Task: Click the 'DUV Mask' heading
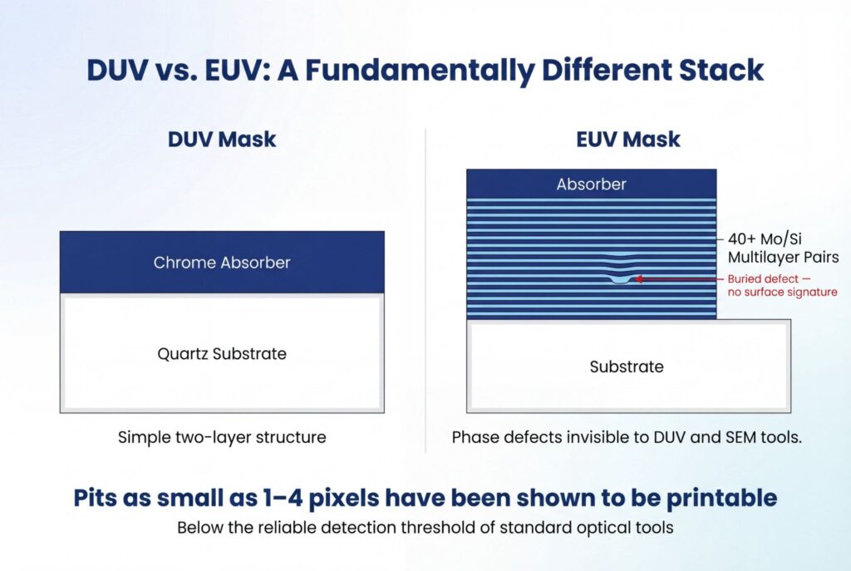(x=221, y=140)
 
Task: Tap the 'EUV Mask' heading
(x=628, y=140)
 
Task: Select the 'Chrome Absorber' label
(x=222, y=263)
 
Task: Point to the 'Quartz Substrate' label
(x=222, y=354)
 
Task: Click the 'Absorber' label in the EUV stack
(x=591, y=185)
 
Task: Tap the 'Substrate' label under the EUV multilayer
(x=627, y=367)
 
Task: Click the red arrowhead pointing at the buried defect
(x=639, y=279)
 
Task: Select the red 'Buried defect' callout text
(x=783, y=286)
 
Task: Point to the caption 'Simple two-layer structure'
(x=222, y=437)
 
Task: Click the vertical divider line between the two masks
(x=425, y=290)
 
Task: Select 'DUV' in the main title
(x=117, y=70)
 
